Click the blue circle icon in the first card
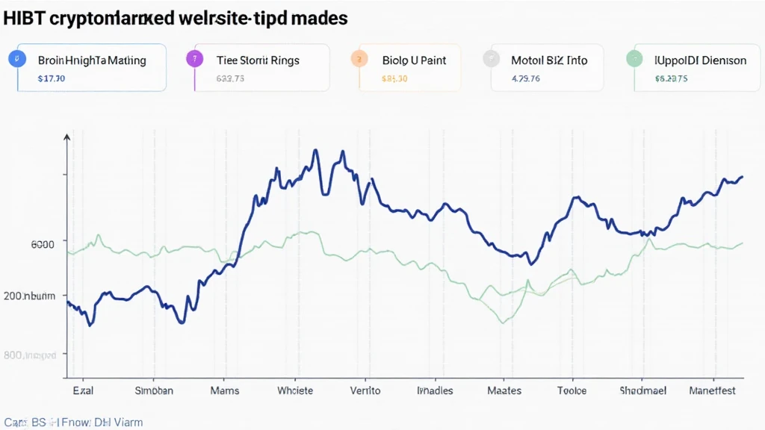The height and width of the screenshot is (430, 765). click(12, 58)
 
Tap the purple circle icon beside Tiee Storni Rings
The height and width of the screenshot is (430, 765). click(194, 58)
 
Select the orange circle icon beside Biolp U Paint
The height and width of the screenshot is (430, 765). click(359, 58)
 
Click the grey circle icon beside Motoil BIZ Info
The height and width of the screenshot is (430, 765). click(491, 58)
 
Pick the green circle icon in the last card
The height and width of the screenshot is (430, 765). click(634, 58)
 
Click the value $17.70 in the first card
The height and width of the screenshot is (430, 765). click(51, 77)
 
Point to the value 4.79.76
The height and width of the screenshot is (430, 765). click(525, 77)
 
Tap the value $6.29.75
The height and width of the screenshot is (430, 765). click(671, 77)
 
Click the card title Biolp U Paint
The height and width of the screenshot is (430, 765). click(414, 60)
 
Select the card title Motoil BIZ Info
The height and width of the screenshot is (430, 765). click(548, 60)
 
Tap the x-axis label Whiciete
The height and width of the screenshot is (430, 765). click(295, 390)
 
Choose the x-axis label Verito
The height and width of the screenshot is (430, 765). click(365, 390)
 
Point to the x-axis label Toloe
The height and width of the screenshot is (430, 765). click(572, 390)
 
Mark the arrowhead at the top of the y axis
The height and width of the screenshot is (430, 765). click(67, 137)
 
